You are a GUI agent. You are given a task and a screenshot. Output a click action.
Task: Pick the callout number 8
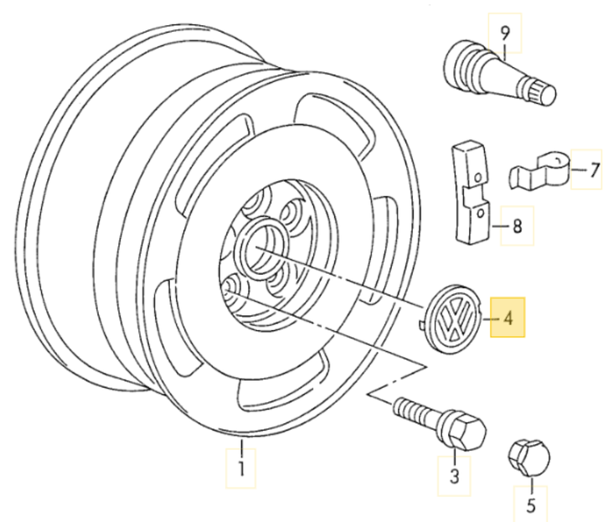[517, 225]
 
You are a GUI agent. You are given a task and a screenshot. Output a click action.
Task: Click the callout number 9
[504, 34]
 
